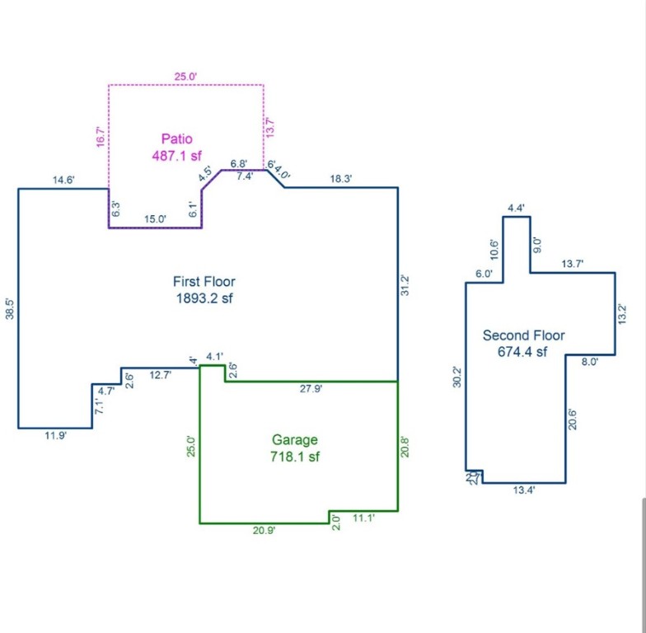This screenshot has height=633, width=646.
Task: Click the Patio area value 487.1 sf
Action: [x=177, y=155]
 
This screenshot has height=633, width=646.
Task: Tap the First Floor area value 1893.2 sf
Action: [x=204, y=298]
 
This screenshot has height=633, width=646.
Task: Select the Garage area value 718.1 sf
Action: [x=295, y=457]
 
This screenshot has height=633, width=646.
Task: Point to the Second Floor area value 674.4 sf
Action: [x=524, y=352]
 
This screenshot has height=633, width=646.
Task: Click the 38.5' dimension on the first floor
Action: [x=9, y=308]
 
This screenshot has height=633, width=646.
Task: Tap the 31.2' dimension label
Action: [x=405, y=286]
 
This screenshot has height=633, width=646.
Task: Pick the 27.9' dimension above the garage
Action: [x=311, y=389]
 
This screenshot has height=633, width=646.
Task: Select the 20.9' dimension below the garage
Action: [x=264, y=531]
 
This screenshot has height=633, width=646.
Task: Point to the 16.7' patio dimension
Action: [x=101, y=137]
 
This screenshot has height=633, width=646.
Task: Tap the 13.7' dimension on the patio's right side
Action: [x=269, y=128]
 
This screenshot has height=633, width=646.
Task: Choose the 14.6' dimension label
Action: [x=63, y=180]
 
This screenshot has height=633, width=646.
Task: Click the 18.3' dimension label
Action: [x=341, y=179]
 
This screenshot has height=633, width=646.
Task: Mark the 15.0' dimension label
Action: [x=155, y=219]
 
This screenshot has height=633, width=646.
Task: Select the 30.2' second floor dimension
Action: [x=458, y=377]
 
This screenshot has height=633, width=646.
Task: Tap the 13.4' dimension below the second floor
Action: [x=524, y=490]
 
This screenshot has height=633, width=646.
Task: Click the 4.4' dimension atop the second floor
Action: [x=517, y=208]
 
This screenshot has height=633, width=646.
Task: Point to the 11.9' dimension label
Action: [x=55, y=436]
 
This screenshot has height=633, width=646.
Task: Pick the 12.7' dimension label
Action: [x=160, y=376]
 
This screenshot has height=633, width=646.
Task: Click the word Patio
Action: [x=177, y=138]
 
